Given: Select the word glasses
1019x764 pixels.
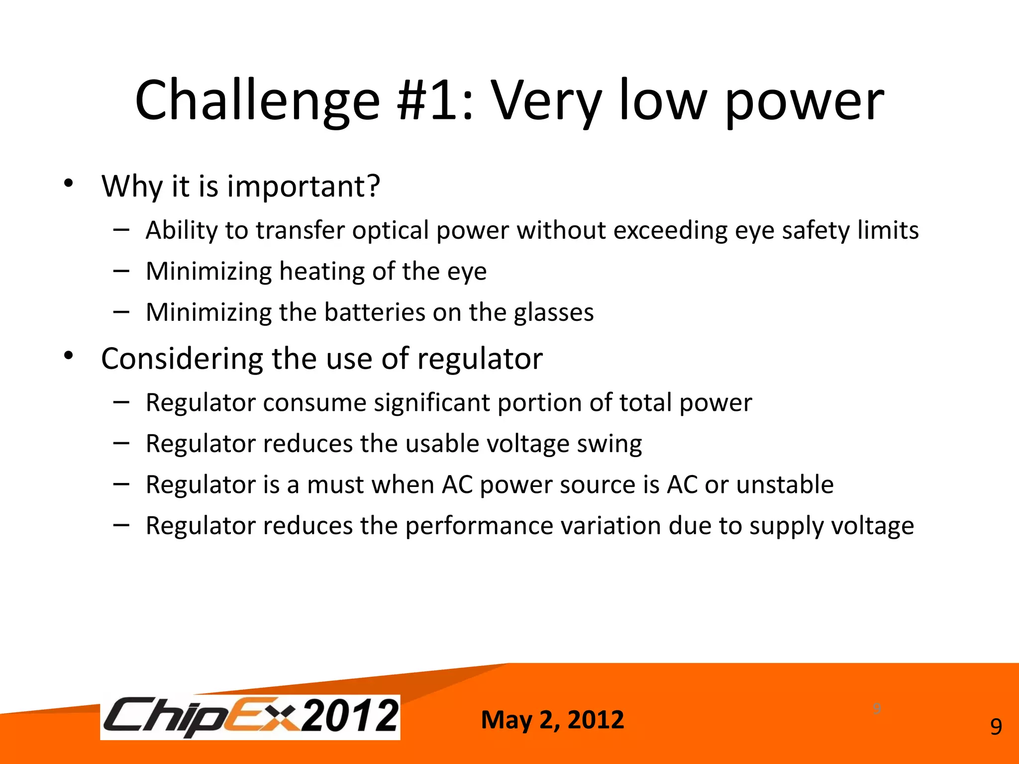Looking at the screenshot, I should click(x=554, y=313).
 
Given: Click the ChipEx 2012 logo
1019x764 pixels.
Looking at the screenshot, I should click(x=250, y=717).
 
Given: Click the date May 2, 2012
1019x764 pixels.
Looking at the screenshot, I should click(x=552, y=720).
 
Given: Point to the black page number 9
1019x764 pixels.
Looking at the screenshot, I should click(x=996, y=727).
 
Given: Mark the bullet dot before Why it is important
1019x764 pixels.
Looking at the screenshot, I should click(x=69, y=184).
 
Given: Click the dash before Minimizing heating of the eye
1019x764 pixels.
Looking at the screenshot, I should click(x=121, y=271).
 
